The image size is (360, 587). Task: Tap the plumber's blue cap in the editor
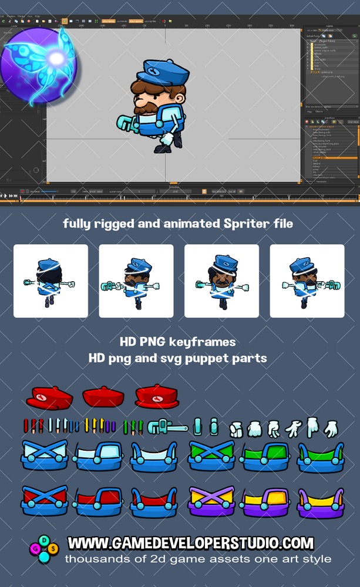(x=164, y=72)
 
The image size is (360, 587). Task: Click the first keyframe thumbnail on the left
(x=51, y=281)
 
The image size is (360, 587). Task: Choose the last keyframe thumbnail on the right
(x=307, y=281)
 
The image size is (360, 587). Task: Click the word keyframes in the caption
(x=209, y=342)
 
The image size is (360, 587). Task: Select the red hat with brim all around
(x=157, y=397)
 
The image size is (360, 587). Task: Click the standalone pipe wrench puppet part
(x=167, y=426)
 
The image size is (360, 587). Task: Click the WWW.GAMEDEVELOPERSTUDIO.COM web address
(x=190, y=543)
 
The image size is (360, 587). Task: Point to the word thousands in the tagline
(x=95, y=559)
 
